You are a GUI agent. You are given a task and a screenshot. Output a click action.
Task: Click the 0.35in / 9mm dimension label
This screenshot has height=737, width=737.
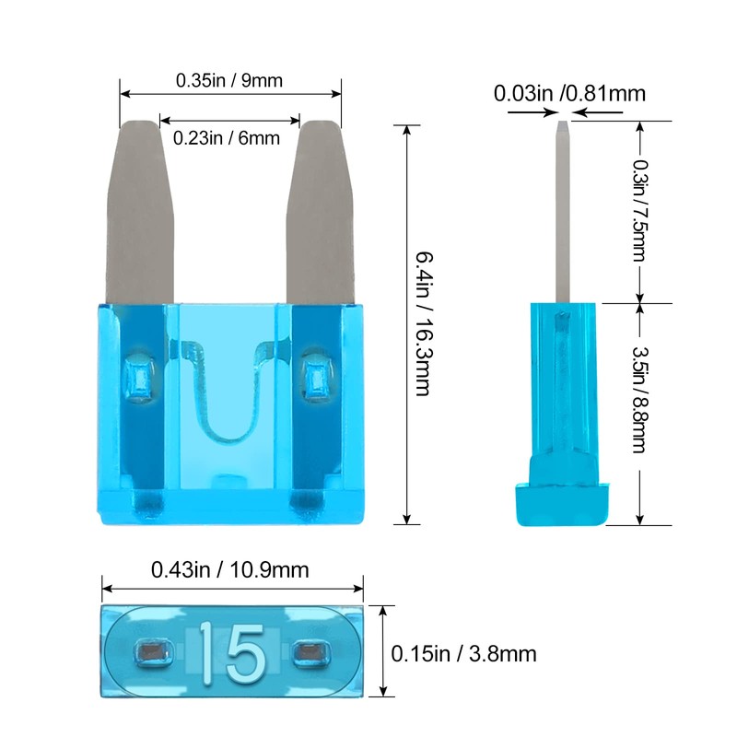click(229, 80)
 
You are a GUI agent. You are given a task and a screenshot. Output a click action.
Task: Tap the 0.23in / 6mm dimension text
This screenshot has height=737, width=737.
click(227, 138)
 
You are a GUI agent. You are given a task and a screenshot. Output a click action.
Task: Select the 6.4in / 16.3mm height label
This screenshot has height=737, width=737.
click(423, 323)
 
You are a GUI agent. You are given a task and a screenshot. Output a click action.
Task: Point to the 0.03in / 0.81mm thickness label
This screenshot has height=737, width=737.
click(568, 93)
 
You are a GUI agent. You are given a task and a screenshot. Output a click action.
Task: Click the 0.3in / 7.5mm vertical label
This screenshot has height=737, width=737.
click(638, 211)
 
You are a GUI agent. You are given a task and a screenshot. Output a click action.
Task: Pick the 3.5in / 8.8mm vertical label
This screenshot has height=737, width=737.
click(638, 401)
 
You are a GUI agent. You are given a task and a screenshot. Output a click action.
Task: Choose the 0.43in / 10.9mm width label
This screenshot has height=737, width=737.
click(229, 570)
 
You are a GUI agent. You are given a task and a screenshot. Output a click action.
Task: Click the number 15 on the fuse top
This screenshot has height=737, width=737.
click(230, 652)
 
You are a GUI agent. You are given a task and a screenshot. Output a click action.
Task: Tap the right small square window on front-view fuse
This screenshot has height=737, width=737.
click(315, 378)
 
